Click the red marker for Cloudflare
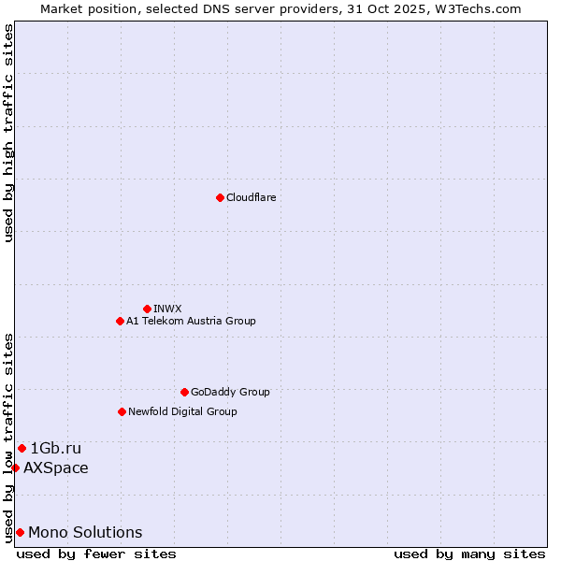pos(220,197)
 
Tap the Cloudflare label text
pos(251,197)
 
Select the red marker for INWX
pos(147,309)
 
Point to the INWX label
pos(167,309)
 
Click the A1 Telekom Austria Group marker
pos(120,321)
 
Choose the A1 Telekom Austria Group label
pos(191,321)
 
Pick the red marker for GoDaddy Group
pos(184,392)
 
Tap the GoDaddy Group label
pos(230,392)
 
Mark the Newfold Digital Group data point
pos(122,411)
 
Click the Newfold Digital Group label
pos(182,411)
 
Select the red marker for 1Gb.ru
pos(22,448)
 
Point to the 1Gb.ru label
pos(55,448)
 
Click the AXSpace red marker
pos(15,467)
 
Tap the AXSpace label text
pos(56,467)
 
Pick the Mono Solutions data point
pos(20,532)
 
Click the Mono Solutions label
pos(85,532)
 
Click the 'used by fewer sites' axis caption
pos(96,554)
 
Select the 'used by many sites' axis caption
pos(469,554)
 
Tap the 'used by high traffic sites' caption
pos(9,133)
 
